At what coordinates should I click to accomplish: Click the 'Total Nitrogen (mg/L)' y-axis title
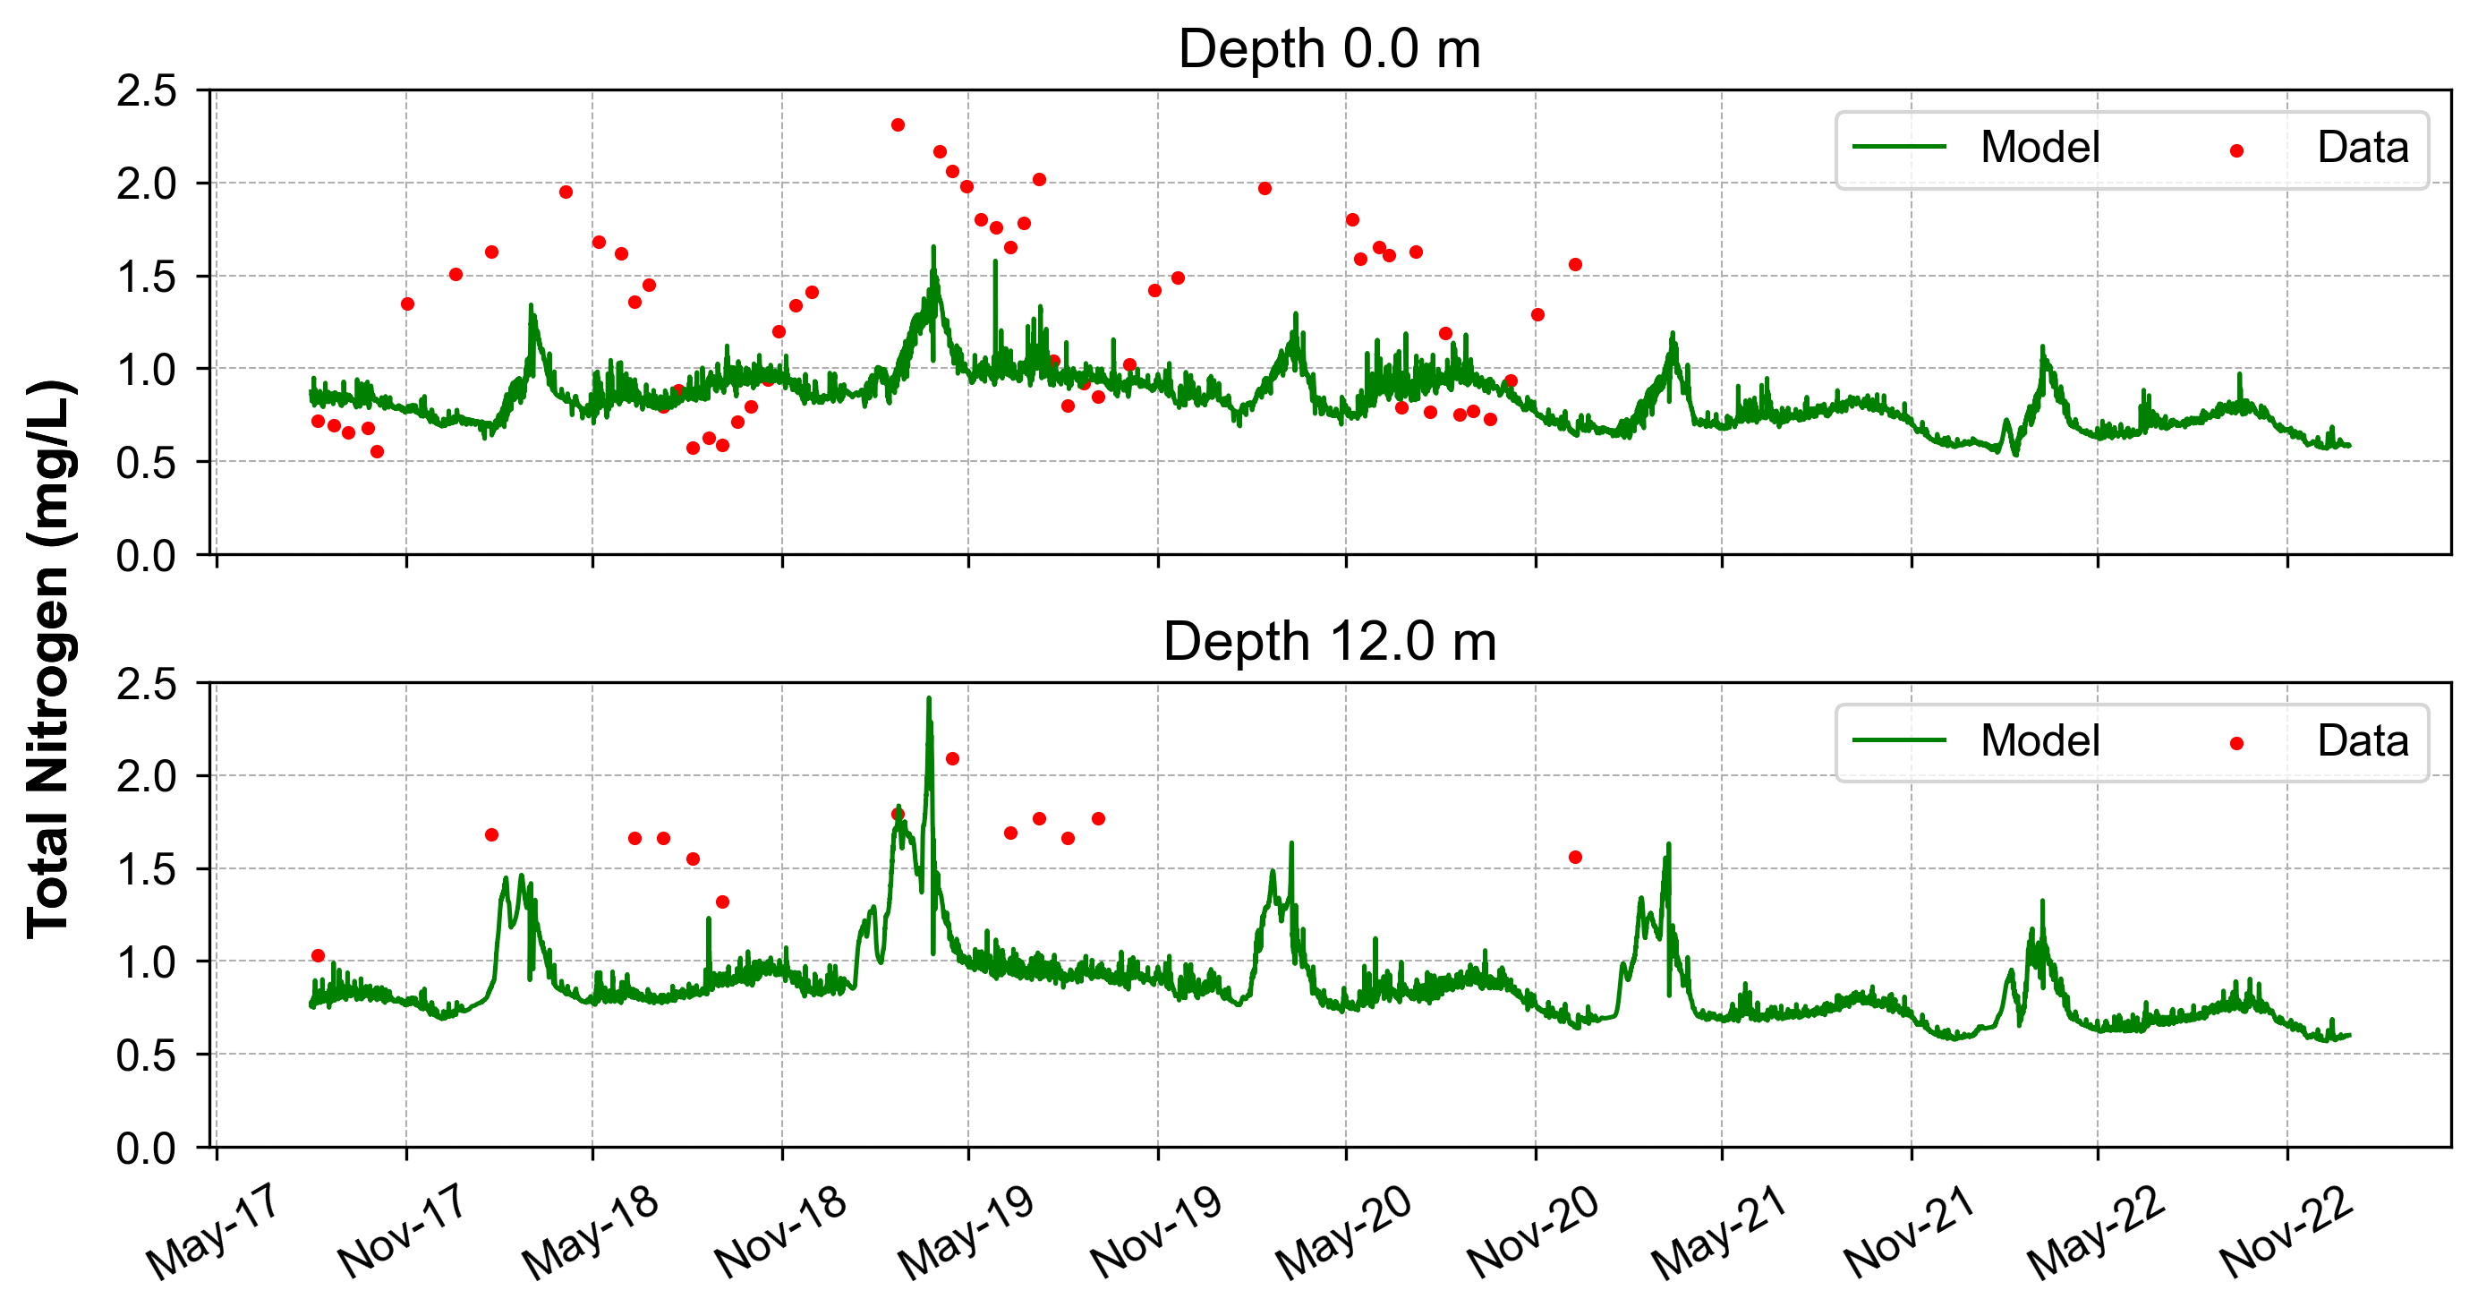click(49, 658)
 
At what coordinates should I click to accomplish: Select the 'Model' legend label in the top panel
click(2039, 148)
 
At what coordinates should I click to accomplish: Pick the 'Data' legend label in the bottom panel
click(2362, 741)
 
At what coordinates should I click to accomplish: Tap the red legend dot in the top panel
click(2236, 151)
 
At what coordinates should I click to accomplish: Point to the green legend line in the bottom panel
click(1899, 740)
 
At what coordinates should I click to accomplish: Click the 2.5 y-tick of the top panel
click(147, 91)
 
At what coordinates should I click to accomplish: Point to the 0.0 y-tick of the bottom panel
click(147, 1149)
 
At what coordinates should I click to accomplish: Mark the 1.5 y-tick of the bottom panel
click(147, 869)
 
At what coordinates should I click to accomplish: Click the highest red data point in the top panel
click(898, 125)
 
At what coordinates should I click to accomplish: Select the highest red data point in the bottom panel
click(952, 759)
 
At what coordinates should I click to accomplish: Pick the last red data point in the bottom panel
click(1575, 857)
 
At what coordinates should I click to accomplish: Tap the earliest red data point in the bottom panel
click(319, 955)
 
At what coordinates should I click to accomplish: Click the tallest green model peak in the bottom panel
click(928, 699)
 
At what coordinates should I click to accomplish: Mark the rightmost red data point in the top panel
click(1575, 265)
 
